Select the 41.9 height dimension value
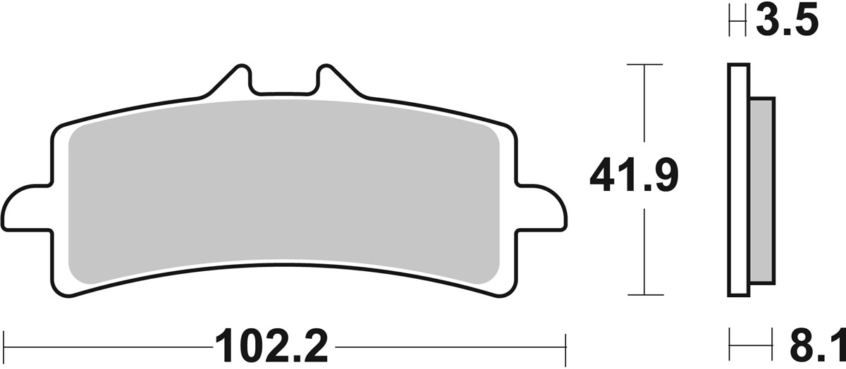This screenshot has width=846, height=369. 633,177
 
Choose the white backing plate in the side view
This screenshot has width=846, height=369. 737,180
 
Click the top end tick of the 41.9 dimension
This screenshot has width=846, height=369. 644,65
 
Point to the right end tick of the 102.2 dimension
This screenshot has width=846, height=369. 566,346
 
